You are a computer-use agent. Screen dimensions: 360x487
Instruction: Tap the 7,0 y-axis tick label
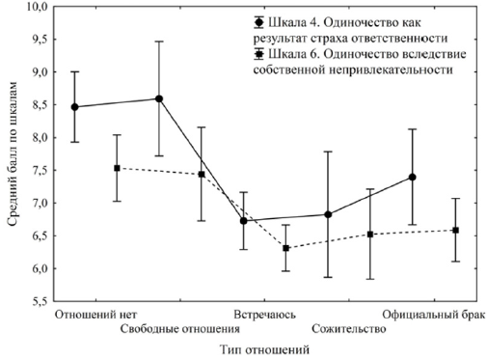pyautogui.click(x=37, y=204)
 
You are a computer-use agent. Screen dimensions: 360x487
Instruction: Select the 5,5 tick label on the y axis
pyautogui.click(x=37, y=302)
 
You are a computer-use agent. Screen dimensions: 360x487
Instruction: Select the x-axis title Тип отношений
pyautogui.click(x=262, y=349)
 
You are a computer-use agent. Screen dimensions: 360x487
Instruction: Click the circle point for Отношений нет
pyautogui.click(x=75, y=106)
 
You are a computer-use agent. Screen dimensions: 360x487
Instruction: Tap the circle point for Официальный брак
pyautogui.click(x=413, y=177)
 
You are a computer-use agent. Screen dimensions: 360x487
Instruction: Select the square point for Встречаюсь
pyautogui.click(x=285, y=248)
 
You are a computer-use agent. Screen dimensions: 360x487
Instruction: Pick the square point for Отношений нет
pyautogui.click(x=117, y=168)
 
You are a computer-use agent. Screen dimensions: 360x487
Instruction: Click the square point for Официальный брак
pyautogui.click(x=455, y=230)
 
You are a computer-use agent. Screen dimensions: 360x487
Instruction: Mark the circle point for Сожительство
pyautogui.click(x=328, y=214)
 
